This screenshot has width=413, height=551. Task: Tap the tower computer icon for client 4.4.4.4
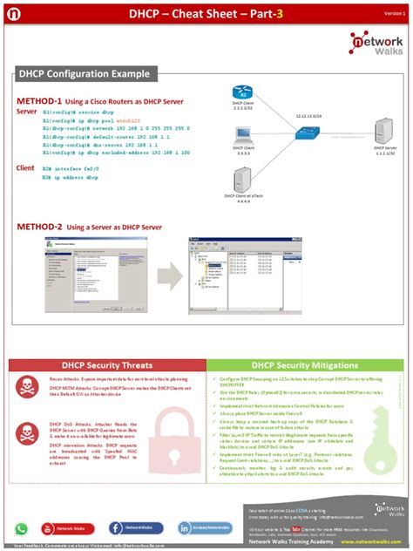239,180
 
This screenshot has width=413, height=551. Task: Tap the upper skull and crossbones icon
26,386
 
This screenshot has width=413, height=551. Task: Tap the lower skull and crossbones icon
26,432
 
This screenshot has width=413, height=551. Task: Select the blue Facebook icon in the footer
104,528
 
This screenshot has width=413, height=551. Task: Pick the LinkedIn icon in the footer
185,528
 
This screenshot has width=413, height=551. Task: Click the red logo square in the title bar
14,14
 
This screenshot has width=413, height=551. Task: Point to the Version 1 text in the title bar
395,14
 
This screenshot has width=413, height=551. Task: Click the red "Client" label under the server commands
25,167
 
